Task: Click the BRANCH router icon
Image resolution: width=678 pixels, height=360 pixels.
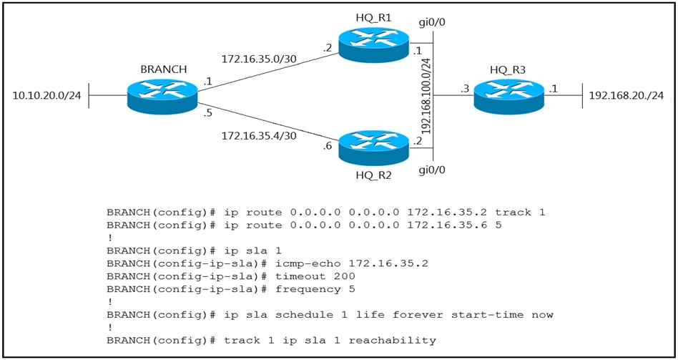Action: coord(162,96)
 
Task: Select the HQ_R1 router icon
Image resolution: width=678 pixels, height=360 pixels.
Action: coord(373,44)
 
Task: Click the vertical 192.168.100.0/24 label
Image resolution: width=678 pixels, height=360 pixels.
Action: coord(427,95)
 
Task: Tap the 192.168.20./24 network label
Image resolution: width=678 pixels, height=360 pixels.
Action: coord(627,96)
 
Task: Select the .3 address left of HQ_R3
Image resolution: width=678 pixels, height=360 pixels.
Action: coord(464,89)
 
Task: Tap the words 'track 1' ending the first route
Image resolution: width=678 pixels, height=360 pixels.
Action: coord(521,213)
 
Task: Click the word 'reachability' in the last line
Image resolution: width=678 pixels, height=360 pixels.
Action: coord(393,341)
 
